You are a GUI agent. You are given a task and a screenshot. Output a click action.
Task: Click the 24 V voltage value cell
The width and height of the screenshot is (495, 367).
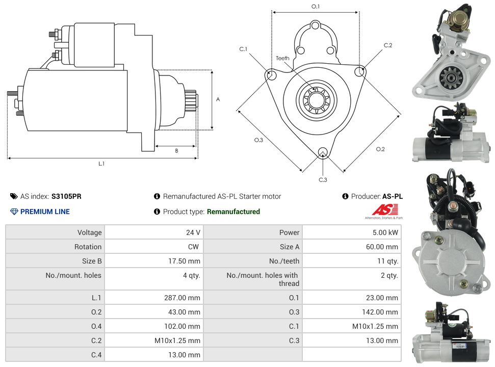[x=193, y=232]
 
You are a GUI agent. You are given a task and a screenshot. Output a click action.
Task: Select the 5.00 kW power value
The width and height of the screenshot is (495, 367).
[x=385, y=232]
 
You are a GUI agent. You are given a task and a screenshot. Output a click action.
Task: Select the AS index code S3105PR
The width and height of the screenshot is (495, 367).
[x=66, y=196]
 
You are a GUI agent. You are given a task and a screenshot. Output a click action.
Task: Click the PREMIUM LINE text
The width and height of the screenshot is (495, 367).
[x=45, y=212]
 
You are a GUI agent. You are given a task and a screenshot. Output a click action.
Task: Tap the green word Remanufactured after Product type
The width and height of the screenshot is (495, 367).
[x=233, y=212]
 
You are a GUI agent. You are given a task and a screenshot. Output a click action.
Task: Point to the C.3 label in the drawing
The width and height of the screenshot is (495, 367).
[x=323, y=179]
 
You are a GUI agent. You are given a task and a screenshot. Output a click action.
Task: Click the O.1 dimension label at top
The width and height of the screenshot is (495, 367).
[x=316, y=7]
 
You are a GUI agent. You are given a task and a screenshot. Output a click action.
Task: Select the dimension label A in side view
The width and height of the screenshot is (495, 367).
[x=218, y=99]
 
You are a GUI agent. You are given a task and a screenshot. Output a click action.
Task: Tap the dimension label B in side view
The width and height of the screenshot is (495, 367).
[x=176, y=151]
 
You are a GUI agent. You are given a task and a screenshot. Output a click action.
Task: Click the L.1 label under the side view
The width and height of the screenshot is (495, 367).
[x=101, y=164]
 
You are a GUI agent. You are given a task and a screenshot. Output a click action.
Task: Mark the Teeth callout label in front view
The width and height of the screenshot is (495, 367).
[x=282, y=58]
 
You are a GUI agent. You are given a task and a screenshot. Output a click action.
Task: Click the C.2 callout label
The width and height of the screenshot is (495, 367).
[x=388, y=45]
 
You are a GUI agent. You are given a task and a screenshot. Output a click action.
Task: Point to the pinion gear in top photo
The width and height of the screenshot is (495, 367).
[x=450, y=77]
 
